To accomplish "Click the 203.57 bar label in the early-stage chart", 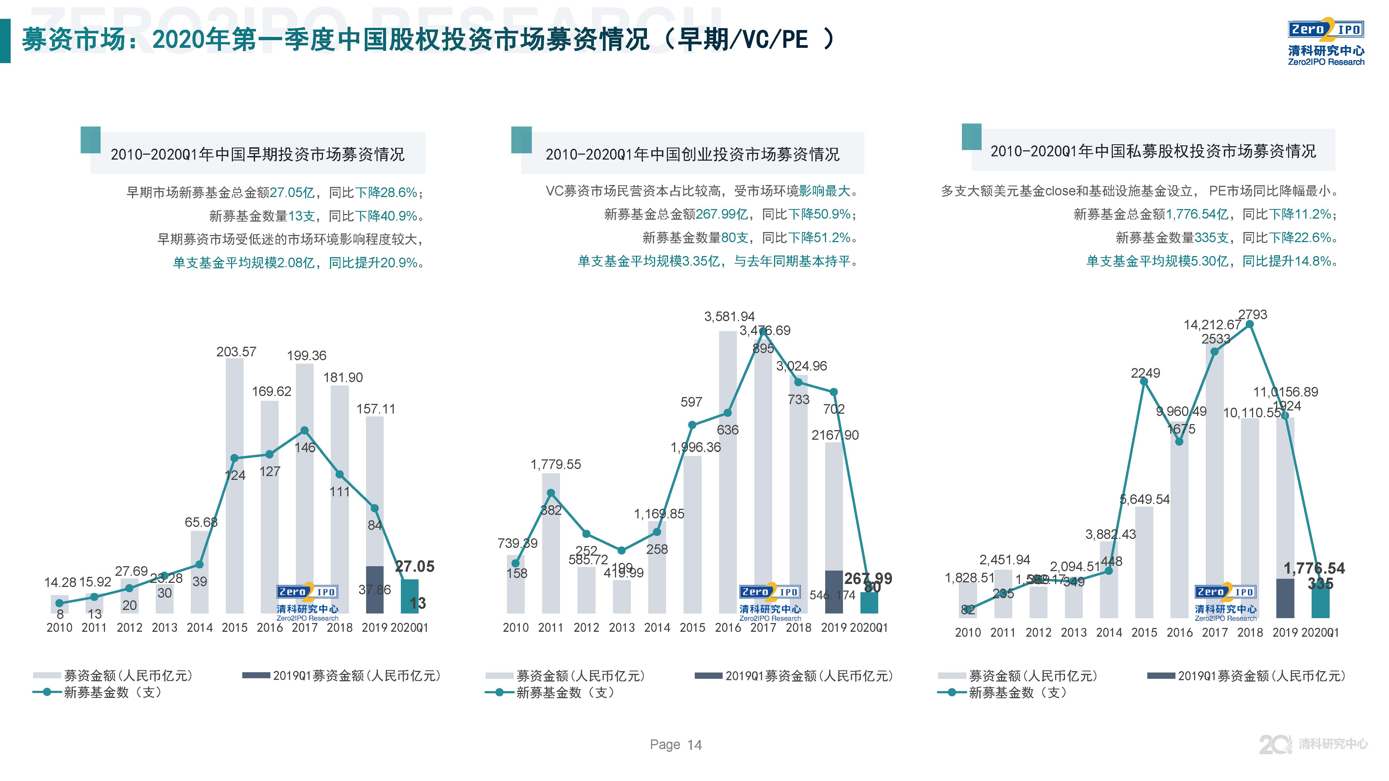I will pyautogui.click(x=236, y=352).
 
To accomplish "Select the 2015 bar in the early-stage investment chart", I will pyautogui.click(x=235, y=485).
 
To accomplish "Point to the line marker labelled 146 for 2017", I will pyautogui.click(x=304, y=431).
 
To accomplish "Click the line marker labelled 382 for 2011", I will pyautogui.click(x=550, y=493).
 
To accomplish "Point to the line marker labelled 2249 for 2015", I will pyautogui.click(x=1144, y=381).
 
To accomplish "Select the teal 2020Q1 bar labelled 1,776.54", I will pyautogui.click(x=1320, y=601).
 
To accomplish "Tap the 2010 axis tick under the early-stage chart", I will pyautogui.click(x=59, y=628).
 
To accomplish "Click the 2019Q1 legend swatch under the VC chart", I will pyautogui.click(x=708, y=675).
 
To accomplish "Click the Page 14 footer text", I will pyautogui.click(x=676, y=745).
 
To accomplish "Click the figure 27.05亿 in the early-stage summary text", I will pyautogui.click(x=292, y=192).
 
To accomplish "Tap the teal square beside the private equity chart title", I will pyautogui.click(x=971, y=137).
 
